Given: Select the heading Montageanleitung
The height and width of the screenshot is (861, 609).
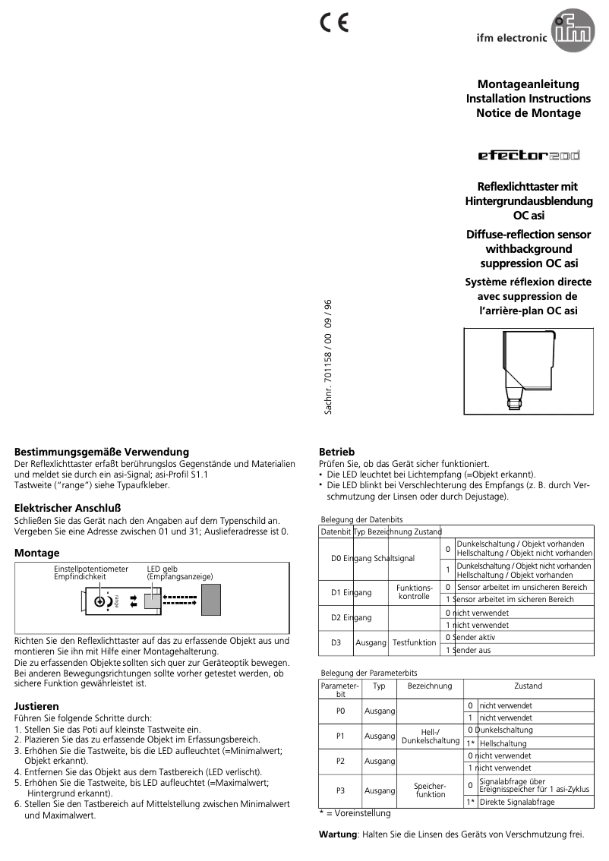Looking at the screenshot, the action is point(528,84).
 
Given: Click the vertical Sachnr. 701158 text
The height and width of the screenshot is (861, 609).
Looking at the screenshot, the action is point(329,357).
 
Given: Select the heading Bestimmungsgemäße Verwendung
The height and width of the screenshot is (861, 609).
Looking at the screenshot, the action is point(102,452).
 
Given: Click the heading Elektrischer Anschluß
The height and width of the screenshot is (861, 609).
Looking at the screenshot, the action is point(68,507).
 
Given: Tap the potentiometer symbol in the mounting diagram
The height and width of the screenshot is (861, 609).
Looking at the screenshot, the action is point(99,601).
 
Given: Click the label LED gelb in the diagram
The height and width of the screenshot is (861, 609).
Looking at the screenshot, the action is point(163,569).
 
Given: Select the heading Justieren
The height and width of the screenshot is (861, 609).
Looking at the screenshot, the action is point(36,705).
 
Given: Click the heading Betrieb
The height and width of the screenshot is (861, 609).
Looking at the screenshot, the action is point(336,451).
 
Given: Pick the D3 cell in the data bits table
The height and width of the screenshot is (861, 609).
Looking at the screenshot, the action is point(336,642).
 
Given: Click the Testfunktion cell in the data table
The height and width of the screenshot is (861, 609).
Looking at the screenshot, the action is point(414,642).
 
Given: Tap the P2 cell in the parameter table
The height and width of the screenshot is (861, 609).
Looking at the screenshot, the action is point(340,761).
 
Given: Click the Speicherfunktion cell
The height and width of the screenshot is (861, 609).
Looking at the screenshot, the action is point(430,790).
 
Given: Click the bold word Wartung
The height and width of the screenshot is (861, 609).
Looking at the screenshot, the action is point(336,834).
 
